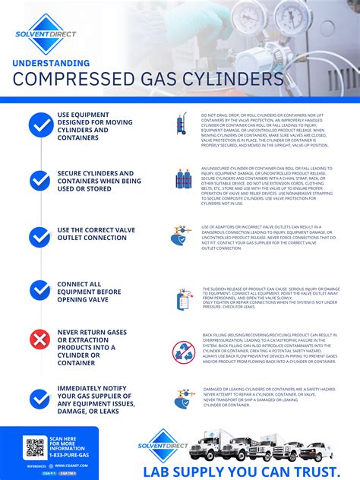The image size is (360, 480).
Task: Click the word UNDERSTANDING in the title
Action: tap(50, 63)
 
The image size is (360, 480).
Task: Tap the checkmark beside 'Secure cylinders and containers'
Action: tap(39, 181)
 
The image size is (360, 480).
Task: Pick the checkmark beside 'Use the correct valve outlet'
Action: tap(39, 236)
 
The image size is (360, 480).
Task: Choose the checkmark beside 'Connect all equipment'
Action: tap(39, 289)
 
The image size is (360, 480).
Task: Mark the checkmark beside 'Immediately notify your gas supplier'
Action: tap(39, 398)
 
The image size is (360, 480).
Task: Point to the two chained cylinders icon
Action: tap(183, 179)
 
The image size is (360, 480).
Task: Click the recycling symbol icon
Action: tap(184, 352)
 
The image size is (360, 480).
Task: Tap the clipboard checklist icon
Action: tap(183, 298)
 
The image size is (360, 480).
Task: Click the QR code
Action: tap(35, 447)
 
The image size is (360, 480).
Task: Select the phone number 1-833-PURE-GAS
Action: tap(69, 453)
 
